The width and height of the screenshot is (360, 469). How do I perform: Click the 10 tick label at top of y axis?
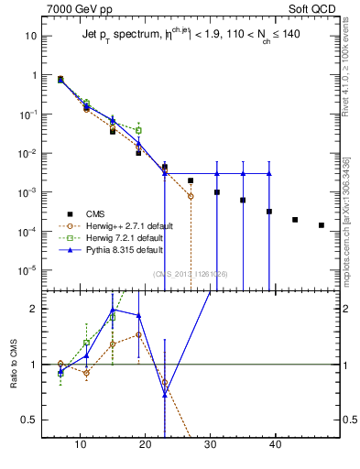click(x=29, y=36)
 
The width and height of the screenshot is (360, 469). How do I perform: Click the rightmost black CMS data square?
click(x=321, y=225)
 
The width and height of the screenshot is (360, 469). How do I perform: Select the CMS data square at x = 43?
click(x=295, y=220)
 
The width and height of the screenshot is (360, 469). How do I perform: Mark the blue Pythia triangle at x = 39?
click(x=269, y=173)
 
